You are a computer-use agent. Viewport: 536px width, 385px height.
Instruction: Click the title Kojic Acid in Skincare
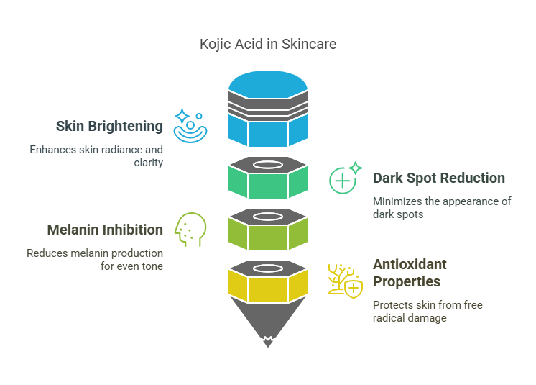coord(268,44)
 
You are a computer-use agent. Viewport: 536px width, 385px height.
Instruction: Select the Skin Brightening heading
coord(109,126)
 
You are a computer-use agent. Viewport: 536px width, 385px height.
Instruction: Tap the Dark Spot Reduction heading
coord(438,178)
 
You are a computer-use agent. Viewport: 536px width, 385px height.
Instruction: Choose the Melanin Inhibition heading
coord(105,230)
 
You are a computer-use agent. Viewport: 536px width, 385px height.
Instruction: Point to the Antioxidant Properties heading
coord(410,273)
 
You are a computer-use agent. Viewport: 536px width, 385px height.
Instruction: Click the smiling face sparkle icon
coord(190,126)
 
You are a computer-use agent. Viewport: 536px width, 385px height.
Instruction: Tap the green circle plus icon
coord(343,178)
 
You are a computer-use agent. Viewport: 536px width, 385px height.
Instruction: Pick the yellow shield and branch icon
coord(344,280)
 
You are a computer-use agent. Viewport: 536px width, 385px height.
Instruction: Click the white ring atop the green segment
coord(268,165)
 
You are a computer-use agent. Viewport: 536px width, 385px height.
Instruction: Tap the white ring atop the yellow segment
coord(268,268)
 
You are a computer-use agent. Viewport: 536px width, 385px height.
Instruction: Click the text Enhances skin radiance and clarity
coord(96,156)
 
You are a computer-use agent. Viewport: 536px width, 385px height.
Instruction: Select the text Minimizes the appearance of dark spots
coord(441,207)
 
